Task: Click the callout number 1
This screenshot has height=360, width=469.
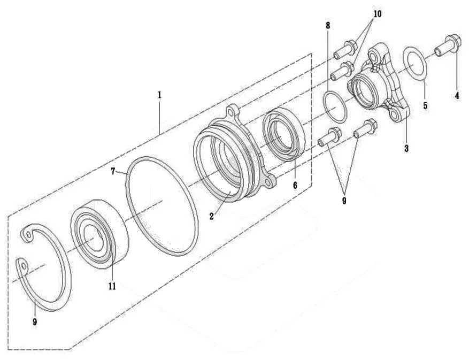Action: pos(159,95)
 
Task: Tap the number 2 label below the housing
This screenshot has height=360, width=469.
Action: pos(211,216)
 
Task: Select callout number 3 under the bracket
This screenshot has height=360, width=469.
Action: pos(406,148)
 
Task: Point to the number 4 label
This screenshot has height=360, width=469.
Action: pos(457,96)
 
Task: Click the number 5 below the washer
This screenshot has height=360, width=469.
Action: pos(425,105)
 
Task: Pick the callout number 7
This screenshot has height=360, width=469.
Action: pos(113,172)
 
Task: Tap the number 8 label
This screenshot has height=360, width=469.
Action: pos(328,26)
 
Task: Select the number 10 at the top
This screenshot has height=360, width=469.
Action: pos(377,14)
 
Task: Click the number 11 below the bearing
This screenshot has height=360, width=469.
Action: pos(112,286)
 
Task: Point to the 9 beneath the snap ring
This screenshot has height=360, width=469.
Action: pos(35,322)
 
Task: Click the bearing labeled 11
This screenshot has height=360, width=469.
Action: pos(100,234)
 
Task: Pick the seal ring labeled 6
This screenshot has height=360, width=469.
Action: pos(283,134)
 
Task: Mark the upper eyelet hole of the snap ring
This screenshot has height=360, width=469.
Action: pos(29,236)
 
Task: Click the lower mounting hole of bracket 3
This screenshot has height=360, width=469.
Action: pos(395,116)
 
